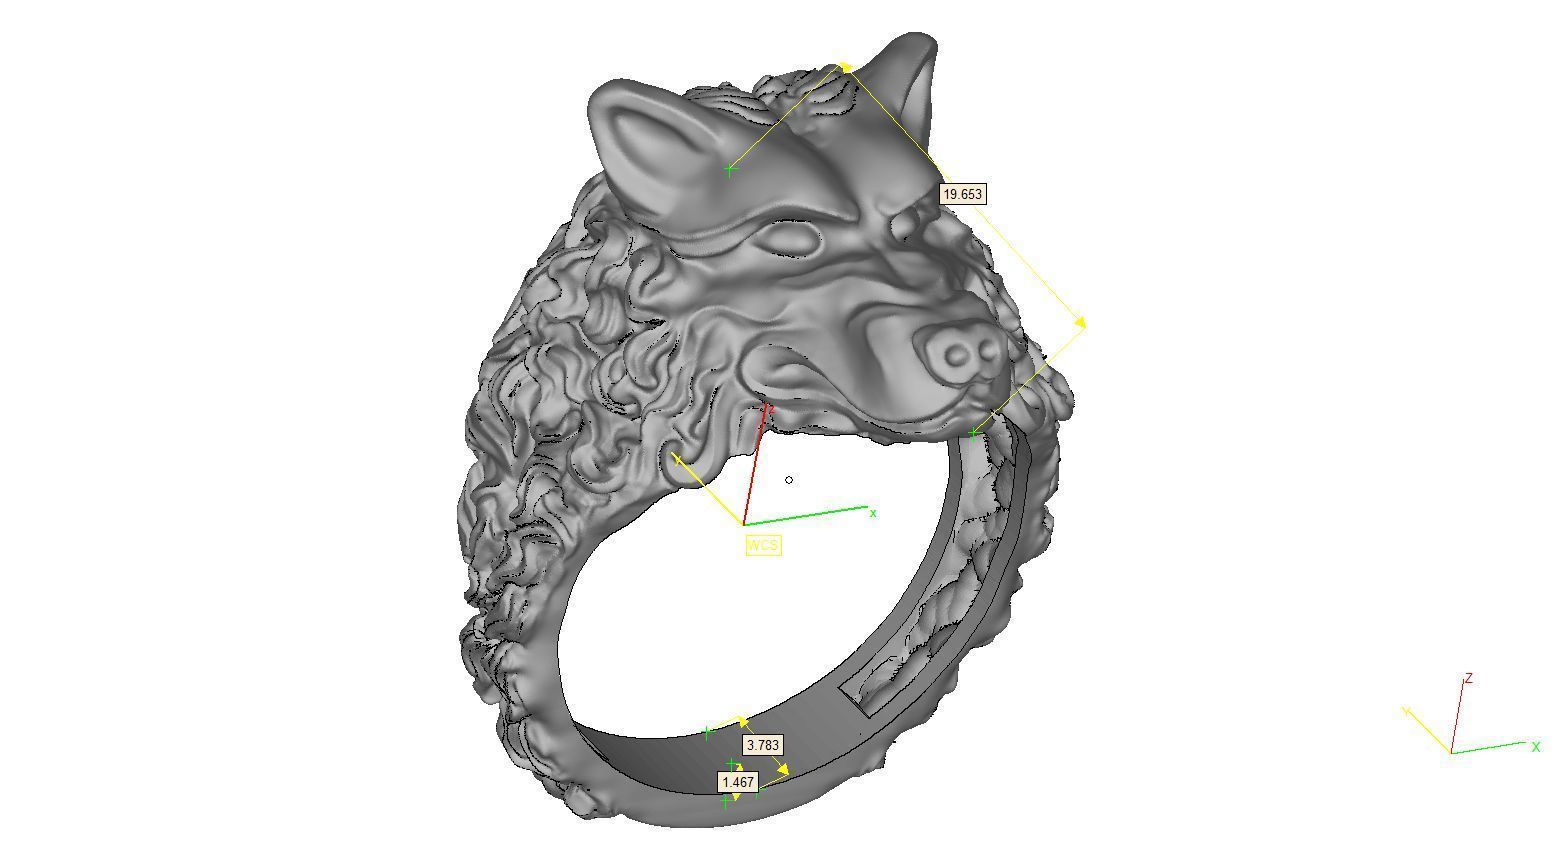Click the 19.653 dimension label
[962, 194]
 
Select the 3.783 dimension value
[762, 745]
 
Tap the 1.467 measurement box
[737, 781]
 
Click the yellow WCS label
[762, 545]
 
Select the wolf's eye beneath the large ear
[786, 238]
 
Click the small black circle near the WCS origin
[789, 480]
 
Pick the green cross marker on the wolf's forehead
[729, 170]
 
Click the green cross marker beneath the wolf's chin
[974, 433]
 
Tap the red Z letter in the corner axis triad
[1469, 679]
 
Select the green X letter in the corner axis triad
[1536, 747]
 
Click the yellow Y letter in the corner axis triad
[1406, 712]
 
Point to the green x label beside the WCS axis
[873, 513]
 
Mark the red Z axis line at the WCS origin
[756, 465]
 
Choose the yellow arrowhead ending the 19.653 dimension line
[1079, 321]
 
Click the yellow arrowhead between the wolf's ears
[845, 67]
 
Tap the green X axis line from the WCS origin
[805, 516]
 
